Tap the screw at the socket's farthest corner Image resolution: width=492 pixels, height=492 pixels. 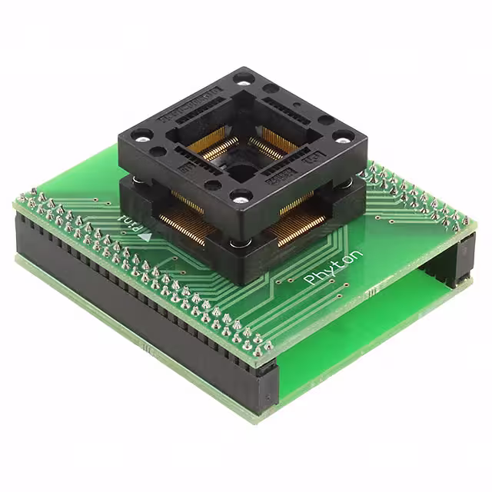[244, 78]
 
